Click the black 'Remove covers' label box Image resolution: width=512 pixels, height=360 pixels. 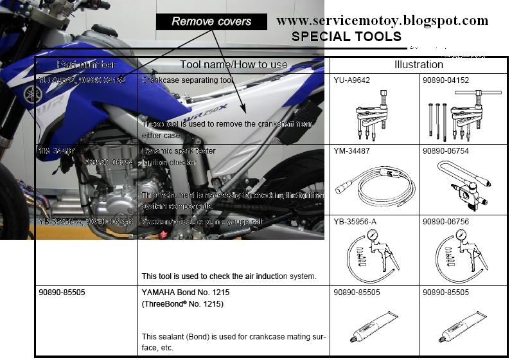click(x=212, y=21)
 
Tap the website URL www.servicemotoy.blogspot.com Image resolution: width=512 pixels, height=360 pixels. click(x=382, y=21)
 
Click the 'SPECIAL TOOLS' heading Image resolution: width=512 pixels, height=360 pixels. click(x=346, y=37)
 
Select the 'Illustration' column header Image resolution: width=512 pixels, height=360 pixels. click(x=418, y=64)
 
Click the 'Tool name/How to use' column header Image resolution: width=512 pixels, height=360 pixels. click(x=234, y=64)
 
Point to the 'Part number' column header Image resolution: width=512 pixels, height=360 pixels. click(x=86, y=64)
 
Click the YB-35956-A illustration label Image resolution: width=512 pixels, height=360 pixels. click(x=355, y=222)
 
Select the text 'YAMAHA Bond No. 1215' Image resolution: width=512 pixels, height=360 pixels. click(x=186, y=292)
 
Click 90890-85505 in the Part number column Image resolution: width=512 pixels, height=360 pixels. click(x=62, y=292)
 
